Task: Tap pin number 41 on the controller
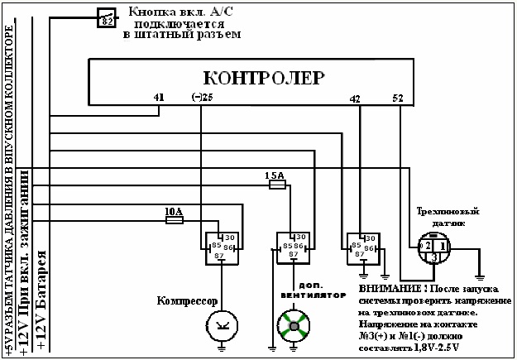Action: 159,98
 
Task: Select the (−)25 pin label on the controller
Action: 202,98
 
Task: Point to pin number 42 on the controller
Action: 356,98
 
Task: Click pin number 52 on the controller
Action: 399,98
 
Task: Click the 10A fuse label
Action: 173,212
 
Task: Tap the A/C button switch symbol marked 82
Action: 107,18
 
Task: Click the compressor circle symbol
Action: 219,324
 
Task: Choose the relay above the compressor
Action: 220,246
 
